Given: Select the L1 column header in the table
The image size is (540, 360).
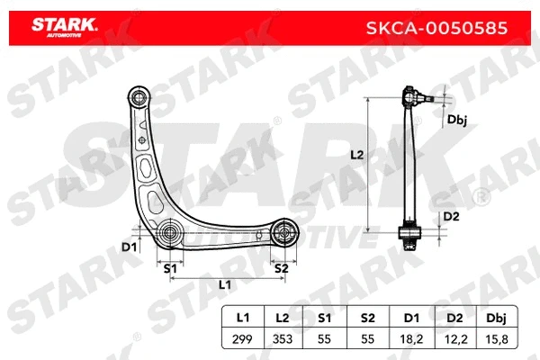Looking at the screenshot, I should pos(242,317).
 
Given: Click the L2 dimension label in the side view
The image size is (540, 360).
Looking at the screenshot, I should pos(356,156).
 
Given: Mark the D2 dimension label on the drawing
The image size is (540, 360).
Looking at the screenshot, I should pos(452,216).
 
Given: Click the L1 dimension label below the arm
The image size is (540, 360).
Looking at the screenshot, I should pos(225,284).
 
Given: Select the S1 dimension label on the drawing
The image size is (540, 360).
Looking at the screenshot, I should pos(169,267).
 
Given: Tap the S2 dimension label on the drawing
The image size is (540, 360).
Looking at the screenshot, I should pos(281,267).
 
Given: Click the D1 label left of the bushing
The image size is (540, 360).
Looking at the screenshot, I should pos(129,245).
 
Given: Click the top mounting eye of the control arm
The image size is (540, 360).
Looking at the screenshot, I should pos(139,95).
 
